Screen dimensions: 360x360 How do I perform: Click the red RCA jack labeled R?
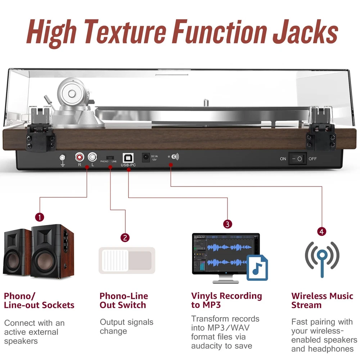tap(80, 157)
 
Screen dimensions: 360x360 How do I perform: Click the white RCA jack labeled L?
tap(92, 157)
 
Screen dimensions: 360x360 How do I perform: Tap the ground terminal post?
tap(62, 158)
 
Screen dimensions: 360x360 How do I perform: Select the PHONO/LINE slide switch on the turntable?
tap(110, 158)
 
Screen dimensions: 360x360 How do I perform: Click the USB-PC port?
tap(128, 158)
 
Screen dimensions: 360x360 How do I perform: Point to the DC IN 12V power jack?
tap(145, 157)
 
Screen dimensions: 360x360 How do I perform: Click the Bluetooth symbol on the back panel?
tap(175, 157)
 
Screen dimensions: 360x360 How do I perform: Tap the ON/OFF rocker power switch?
tap(297, 159)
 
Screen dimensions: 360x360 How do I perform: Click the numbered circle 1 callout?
tap(40, 217)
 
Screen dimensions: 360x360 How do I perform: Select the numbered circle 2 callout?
tap(125, 237)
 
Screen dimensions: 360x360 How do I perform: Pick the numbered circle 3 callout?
tap(227, 224)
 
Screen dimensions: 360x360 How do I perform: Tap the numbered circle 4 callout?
tap(321, 231)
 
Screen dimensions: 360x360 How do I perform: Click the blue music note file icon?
tap(257, 268)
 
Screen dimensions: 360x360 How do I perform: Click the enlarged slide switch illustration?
tap(127, 260)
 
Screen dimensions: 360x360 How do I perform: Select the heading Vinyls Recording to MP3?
tap(226, 300)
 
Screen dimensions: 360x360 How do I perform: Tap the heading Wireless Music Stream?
tap(322, 300)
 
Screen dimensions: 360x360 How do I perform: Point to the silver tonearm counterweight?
tap(71, 93)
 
